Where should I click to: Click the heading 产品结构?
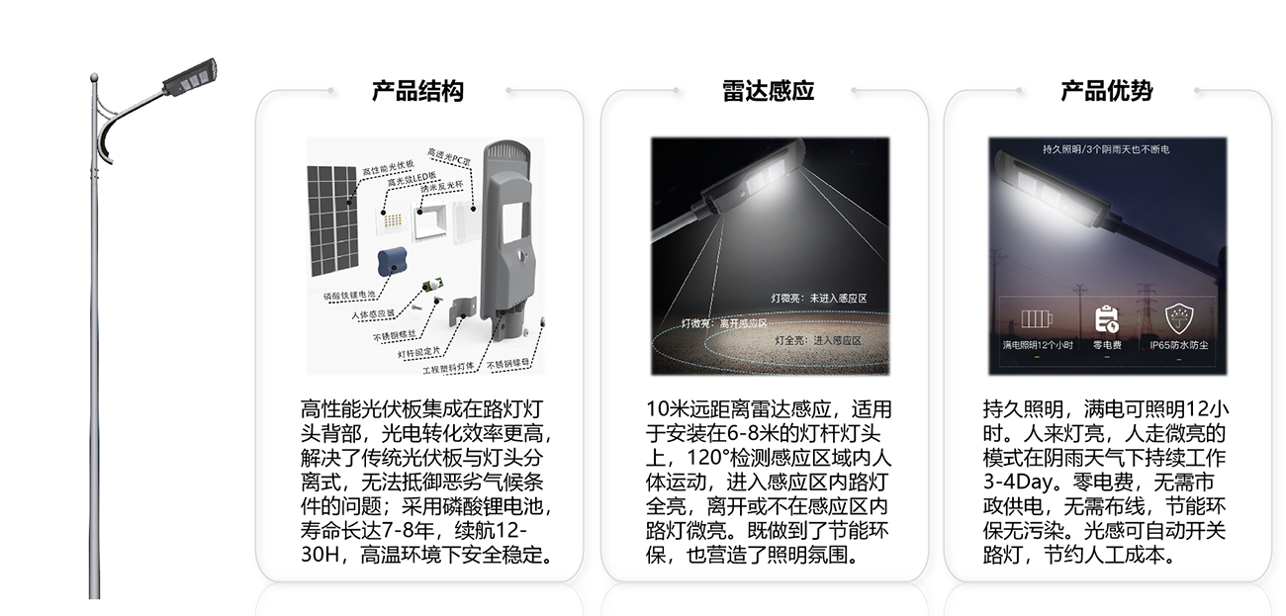(x=417, y=92)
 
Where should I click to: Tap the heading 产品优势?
(x=1106, y=92)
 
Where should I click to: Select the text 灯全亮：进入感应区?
(x=818, y=340)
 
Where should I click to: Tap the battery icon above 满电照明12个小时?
(x=1035, y=319)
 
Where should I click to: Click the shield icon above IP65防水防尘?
(x=1178, y=318)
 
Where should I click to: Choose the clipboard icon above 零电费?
(x=1106, y=318)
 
